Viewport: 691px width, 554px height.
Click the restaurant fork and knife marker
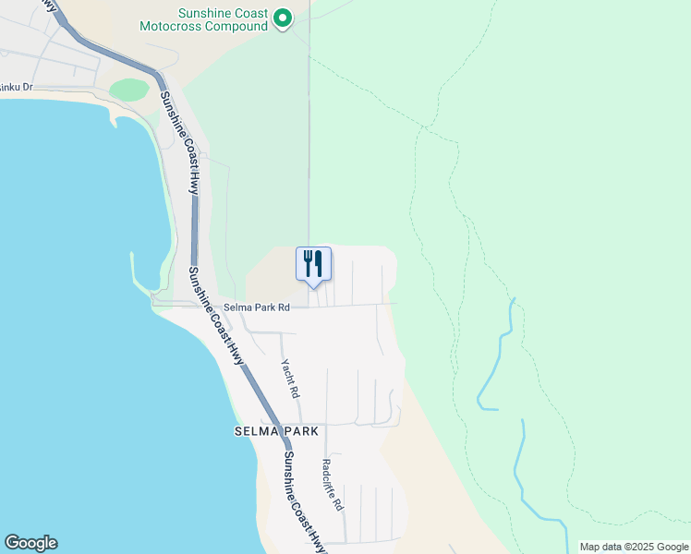(313, 264)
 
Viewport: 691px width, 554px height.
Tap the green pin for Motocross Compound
(284, 18)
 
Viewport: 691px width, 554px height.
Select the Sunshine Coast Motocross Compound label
(224, 19)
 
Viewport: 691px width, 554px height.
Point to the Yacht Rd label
(291, 379)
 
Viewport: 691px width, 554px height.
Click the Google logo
(30, 543)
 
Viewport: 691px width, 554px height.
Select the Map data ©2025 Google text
(633, 547)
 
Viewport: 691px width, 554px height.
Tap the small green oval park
(129, 90)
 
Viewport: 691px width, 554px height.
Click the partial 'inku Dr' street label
(17, 87)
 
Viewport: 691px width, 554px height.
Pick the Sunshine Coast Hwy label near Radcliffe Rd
(304, 503)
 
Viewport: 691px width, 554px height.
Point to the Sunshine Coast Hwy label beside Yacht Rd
(215, 314)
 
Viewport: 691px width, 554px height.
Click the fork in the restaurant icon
(308, 263)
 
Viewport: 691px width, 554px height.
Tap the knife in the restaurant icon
(319, 263)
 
